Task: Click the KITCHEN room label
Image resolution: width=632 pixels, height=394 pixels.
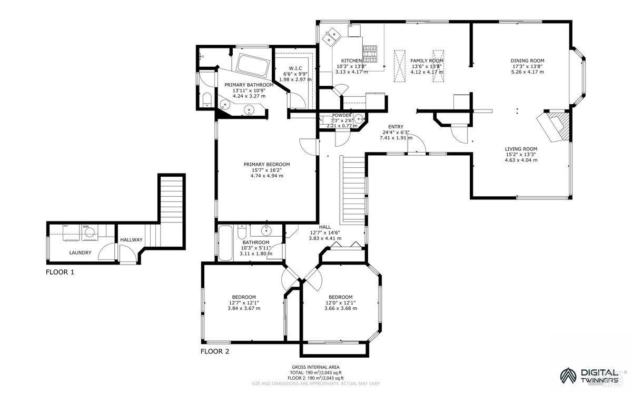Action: tap(351, 61)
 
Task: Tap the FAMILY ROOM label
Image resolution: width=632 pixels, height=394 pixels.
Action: tap(427, 61)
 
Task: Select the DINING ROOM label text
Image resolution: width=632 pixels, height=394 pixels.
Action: tap(527, 60)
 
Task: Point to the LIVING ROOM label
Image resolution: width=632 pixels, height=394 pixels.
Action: tap(521, 149)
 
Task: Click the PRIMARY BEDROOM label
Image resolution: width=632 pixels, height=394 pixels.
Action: tap(266, 164)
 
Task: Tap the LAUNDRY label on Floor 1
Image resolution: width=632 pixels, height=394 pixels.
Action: tap(80, 252)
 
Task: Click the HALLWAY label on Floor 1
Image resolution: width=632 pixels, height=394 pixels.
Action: tap(131, 240)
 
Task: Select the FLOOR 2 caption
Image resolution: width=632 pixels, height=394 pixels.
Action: tap(215, 351)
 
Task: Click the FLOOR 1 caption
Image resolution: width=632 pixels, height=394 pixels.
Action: tap(60, 272)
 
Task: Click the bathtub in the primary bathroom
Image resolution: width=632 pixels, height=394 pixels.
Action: tap(252, 64)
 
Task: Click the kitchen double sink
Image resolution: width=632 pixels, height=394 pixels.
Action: tap(332, 36)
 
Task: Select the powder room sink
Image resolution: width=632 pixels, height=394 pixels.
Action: tap(359, 118)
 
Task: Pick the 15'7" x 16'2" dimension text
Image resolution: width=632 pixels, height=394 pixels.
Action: tap(266, 170)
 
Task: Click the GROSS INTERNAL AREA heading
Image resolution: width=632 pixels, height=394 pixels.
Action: tap(315, 367)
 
